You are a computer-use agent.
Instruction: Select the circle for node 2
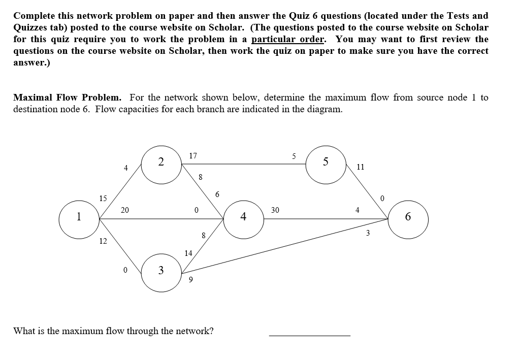click(161, 163)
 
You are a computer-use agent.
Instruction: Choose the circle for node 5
click(326, 163)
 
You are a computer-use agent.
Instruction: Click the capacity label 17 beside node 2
click(193, 156)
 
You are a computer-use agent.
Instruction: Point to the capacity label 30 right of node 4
click(275, 210)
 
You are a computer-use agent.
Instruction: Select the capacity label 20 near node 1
click(125, 210)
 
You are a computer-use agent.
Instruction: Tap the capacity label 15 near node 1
click(103, 198)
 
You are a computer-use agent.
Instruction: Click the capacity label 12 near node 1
click(103, 241)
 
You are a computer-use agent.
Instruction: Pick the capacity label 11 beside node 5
click(361, 167)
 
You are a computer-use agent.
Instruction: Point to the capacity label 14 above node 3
click(188, 252)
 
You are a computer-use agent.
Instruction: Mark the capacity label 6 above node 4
click(217, 194)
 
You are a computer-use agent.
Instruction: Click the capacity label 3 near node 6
click(368, 234)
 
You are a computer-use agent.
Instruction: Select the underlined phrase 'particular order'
click(287, 39)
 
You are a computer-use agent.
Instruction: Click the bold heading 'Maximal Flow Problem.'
click(67, 97)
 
